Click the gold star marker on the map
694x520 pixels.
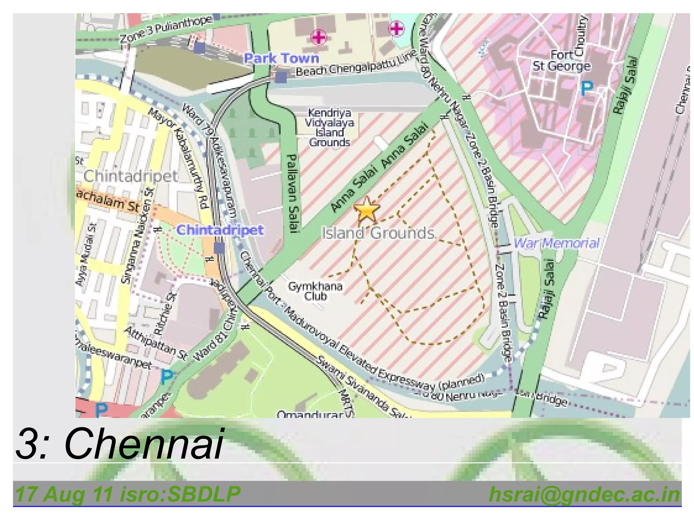tap(366, 210)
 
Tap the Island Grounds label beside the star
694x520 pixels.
tap(378, 234)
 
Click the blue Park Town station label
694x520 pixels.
tap(282, 58)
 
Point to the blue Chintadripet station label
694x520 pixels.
tap(220, 230)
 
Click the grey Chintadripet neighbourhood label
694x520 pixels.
tap(130, 176)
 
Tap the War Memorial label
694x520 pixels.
tap(556, 243)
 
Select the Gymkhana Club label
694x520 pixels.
tap(315, 291)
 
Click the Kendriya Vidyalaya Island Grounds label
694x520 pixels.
tap(329, 127)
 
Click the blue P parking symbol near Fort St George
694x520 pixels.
tap(587, 88)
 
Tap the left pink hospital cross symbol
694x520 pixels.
tap(319, 37)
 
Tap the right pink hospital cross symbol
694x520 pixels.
tap(396, 29)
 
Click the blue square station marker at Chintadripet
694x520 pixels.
tap(219, 248)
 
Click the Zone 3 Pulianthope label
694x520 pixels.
tap(166, 30)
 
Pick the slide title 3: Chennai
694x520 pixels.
tap(119, 443)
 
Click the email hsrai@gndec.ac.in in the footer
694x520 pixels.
tap(584, 495)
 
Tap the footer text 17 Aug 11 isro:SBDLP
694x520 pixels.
tap(128, 495)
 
